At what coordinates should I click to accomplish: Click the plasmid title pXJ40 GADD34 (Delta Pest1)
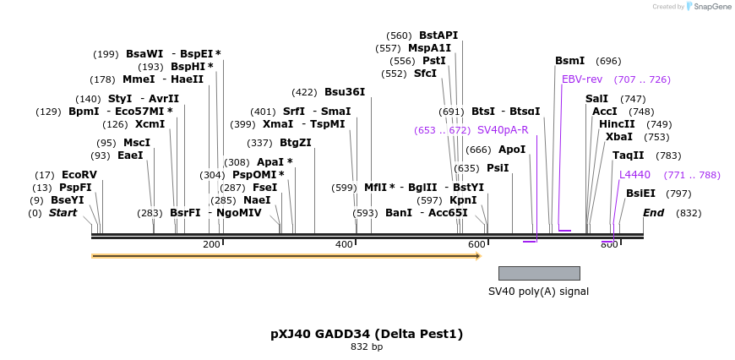[367, 334]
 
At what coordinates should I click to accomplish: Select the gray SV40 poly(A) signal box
[539, 273]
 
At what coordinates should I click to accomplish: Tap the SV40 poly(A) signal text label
[538, 292]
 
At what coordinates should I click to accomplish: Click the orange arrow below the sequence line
[286, 255]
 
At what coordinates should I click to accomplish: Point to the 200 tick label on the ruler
[212, 244]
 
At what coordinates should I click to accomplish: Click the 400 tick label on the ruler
[345, 244]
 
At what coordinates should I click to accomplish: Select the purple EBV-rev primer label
[582, 79]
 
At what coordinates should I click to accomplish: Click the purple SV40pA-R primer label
[503, 130]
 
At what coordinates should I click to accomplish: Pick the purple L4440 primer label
[634, 175]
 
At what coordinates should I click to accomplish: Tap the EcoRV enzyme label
[79, 175]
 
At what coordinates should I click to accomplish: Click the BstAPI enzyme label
[438, 35]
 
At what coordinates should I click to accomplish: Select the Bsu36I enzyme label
[345, 92]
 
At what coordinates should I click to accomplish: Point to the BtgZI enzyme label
[296, 143]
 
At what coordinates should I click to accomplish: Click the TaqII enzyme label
[628, 155]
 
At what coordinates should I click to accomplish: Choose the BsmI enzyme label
[569, 61]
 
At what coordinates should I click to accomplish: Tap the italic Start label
[63, 213]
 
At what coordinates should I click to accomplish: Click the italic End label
[653, 213]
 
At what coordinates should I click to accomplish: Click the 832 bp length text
[367, 346]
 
